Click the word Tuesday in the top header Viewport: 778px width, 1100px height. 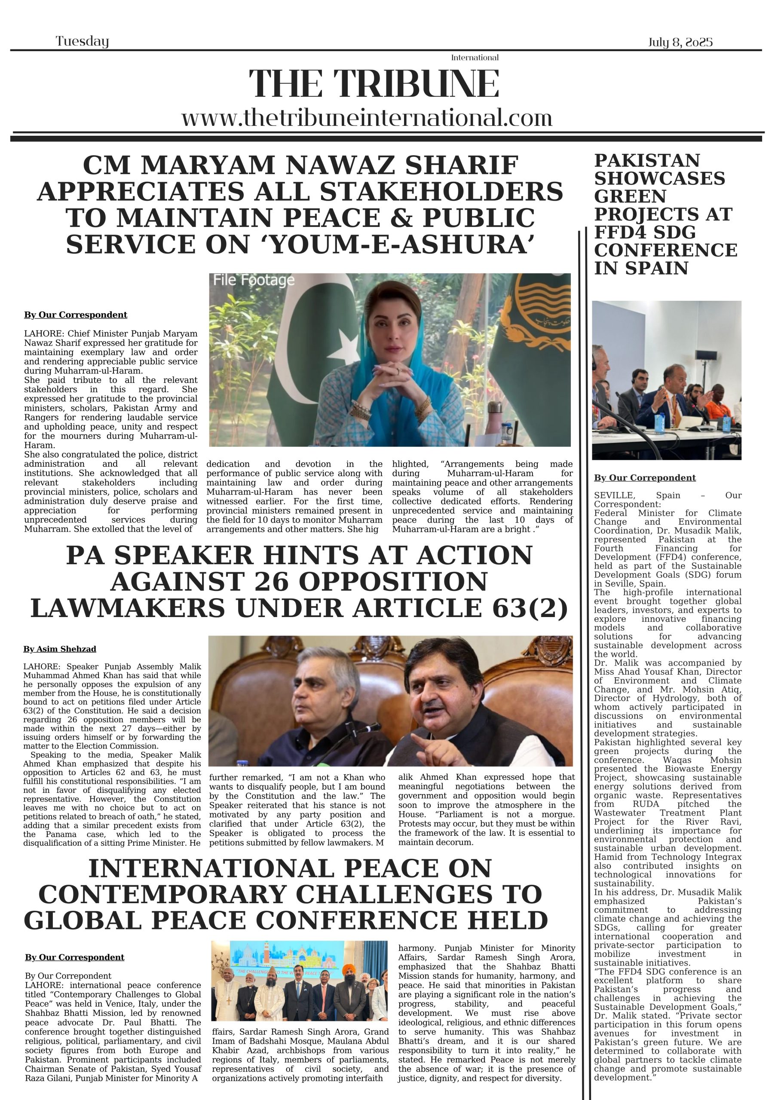[82, 42]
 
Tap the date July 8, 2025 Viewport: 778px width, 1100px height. [680, 42]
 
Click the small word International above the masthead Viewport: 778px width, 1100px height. [475, 58]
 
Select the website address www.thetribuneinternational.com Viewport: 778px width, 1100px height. [367, 118]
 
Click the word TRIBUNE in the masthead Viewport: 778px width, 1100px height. [416, 84]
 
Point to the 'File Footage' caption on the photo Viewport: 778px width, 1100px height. [254, 280]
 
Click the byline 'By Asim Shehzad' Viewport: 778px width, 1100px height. [60, 649]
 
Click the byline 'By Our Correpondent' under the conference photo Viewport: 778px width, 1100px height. [645, 478]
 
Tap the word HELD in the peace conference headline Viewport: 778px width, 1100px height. [513, 920]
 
